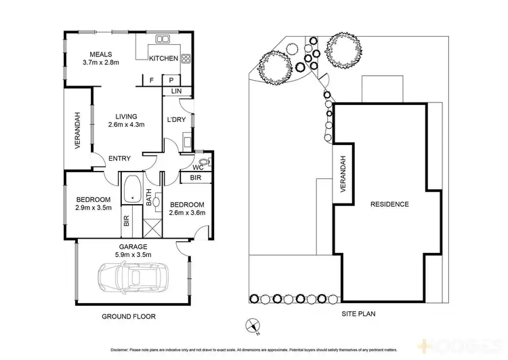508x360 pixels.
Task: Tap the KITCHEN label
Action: pos(163,58)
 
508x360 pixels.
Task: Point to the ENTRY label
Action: pos(119,159)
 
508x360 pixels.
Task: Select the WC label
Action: pos(197,167)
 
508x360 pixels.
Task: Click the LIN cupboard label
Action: pos(176,91)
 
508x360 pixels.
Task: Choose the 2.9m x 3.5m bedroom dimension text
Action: pos(93,209)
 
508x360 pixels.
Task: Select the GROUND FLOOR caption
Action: pos(129,317)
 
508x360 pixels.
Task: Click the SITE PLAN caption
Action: pos(359,314)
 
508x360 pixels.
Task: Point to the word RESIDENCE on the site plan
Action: pos(389,204)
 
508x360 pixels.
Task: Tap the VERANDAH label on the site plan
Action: pos(343,174)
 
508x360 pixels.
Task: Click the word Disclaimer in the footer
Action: pos(123,349)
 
